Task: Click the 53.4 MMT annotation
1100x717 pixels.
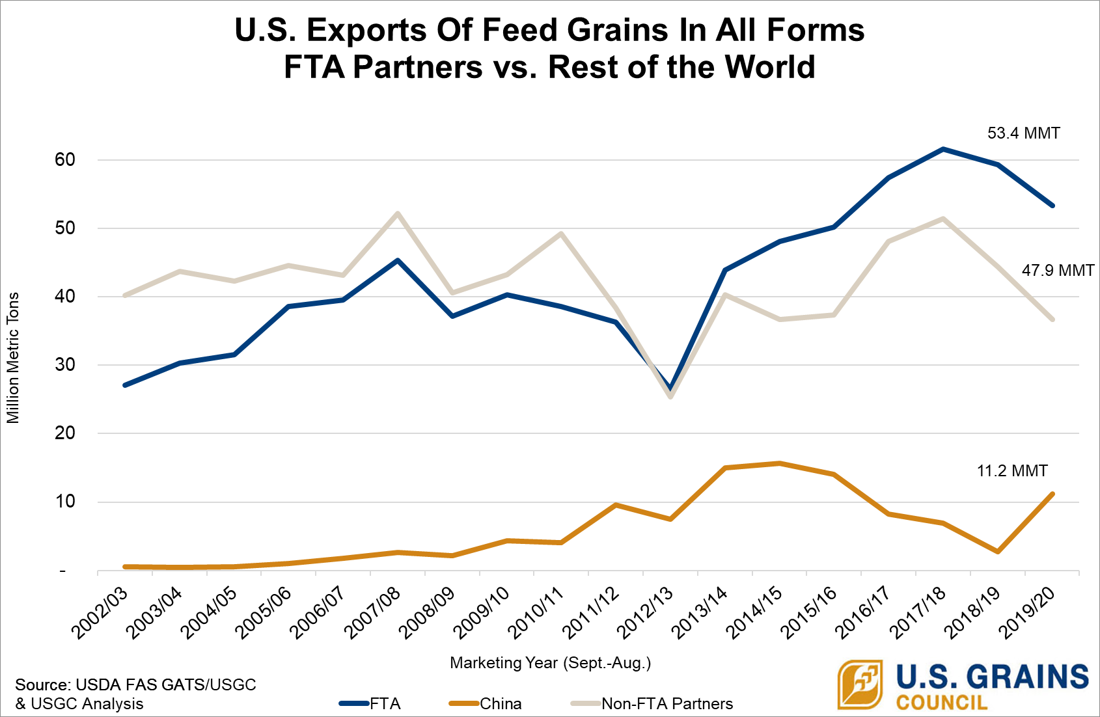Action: click(x=1023, y=133)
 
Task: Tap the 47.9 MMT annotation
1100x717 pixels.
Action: click(x=1058, y=270)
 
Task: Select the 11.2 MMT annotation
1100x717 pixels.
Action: click(x=1012, y=470)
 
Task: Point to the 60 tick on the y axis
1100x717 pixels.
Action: click(x=65, y=160)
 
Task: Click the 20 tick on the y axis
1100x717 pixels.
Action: click(x=65, y=433)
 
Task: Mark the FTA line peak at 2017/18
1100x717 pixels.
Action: click(x=942, y=149)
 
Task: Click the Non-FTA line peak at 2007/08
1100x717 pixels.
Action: click(x=397, y=213)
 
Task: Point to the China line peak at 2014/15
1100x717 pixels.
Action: click(x=779, y=463)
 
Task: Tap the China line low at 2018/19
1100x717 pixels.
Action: click(x=997, y=552)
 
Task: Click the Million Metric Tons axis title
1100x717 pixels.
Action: click(x=13, y=358)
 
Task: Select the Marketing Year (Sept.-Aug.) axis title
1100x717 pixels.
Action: click(x=550, y=663)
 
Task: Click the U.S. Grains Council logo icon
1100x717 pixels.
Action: click(x=859, y=684)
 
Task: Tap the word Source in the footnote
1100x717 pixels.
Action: click(x=42, y=685)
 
